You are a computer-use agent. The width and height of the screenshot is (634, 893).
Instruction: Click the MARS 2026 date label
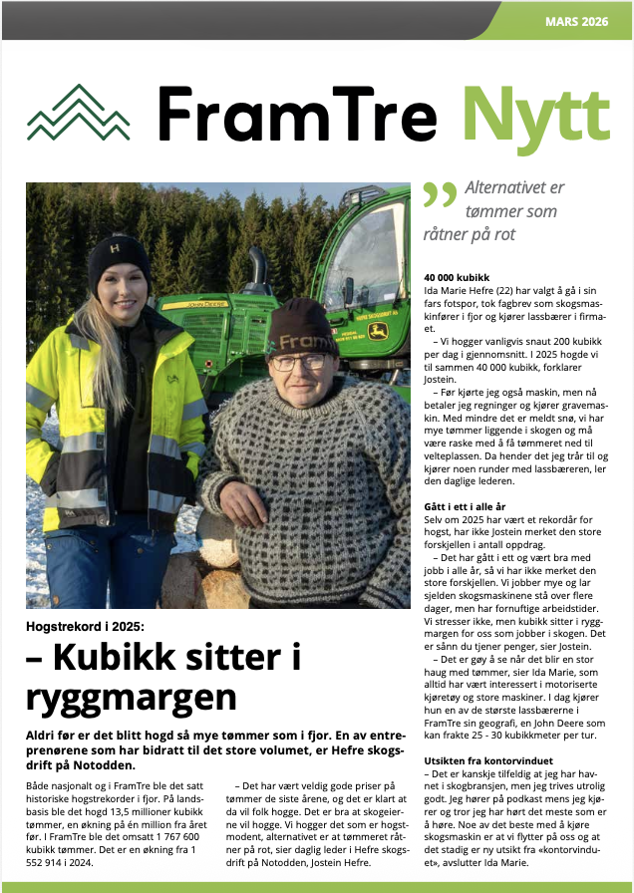click(577, 20)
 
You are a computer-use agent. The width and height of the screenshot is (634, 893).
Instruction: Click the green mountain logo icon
click(79, 113)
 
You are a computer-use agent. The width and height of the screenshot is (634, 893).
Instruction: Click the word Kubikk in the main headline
click(118, 658)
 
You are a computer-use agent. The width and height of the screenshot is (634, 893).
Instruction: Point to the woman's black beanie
click(119, 260)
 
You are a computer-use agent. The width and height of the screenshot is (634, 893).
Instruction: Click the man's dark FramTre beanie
click(302, 325)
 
